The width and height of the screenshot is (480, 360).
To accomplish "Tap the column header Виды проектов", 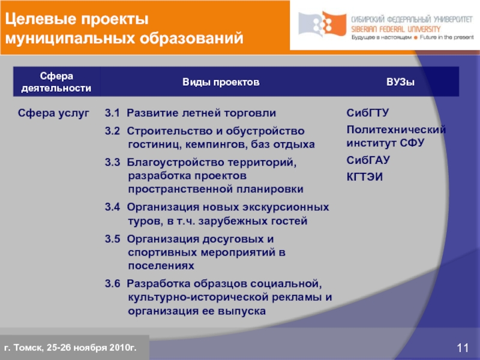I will click(x=221, y=82).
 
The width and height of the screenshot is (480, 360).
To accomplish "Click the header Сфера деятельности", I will click(x=56, y=82).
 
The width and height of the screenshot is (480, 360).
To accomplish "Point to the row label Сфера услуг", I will click(x=53, y=113).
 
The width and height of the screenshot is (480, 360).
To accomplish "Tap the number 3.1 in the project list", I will click(x=112, y=113).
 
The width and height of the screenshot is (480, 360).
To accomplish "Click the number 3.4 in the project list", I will click(x=112, y=206).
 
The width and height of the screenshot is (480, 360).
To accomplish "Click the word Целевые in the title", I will click(x=39, y=19).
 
